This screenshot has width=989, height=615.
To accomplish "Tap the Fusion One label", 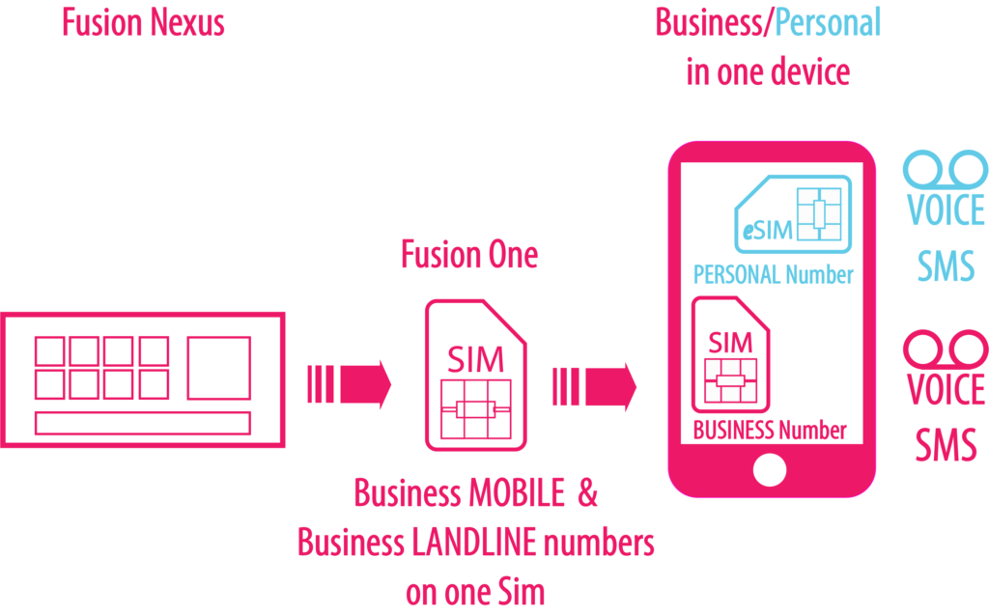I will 469,256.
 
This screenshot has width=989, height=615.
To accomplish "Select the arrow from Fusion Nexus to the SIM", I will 349,384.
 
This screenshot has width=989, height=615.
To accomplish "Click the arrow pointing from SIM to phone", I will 594,386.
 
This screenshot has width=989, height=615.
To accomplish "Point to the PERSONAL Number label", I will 773,275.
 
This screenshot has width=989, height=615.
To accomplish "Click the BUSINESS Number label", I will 770,430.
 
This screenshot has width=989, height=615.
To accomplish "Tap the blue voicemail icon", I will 946,170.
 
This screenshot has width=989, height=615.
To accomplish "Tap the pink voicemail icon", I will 946,346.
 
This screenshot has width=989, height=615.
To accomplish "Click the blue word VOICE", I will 946,210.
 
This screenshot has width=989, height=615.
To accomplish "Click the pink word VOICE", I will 946,389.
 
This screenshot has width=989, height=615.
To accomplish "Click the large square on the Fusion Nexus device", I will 219,368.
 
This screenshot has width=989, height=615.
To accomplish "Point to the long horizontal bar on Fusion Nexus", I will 143,423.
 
